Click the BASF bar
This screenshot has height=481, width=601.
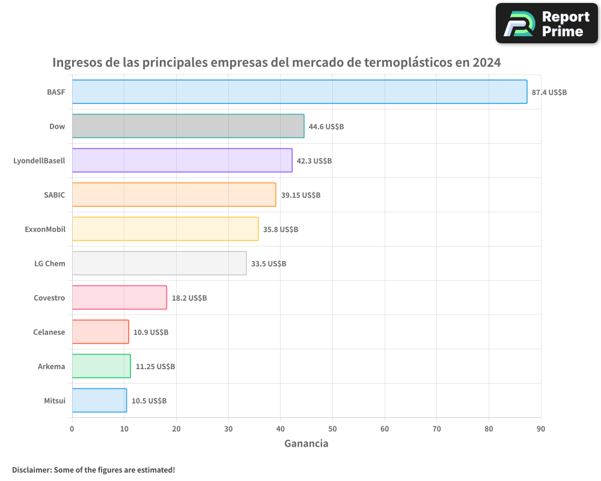click(x=299, y=92)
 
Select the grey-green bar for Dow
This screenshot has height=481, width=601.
click(x=188, y=126)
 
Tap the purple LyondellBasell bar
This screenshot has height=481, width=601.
click(x=182, y=161)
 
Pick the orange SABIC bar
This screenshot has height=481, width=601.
click(x=174, y=195)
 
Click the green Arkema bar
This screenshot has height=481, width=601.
click(x=101, y=366)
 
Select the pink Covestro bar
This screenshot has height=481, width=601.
click(x=119, y=298)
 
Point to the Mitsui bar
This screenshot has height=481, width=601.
click(x=99, y=400)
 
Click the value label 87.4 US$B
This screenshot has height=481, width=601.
click(x=549, y=93)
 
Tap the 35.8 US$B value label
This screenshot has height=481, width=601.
click(x=281, y=230)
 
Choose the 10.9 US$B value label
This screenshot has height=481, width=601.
click(x=151, y=332)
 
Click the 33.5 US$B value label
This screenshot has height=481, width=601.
click(x=269, y=264)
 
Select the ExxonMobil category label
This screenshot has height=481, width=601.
click(x=45, y=229)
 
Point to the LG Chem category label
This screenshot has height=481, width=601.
click(x=50, y=263)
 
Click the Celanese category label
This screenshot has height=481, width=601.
click(x=49, y=332)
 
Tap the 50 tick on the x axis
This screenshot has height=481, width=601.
click(x=332, y=429)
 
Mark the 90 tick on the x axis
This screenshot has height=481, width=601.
click(x=541, y=429)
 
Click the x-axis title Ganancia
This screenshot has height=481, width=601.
click(x=306, y=444)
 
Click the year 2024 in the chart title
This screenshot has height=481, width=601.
click(x=486, y=63)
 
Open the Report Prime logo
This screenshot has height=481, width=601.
click(x=546, y=23)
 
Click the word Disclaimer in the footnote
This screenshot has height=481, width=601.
click(x=31, y=470)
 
